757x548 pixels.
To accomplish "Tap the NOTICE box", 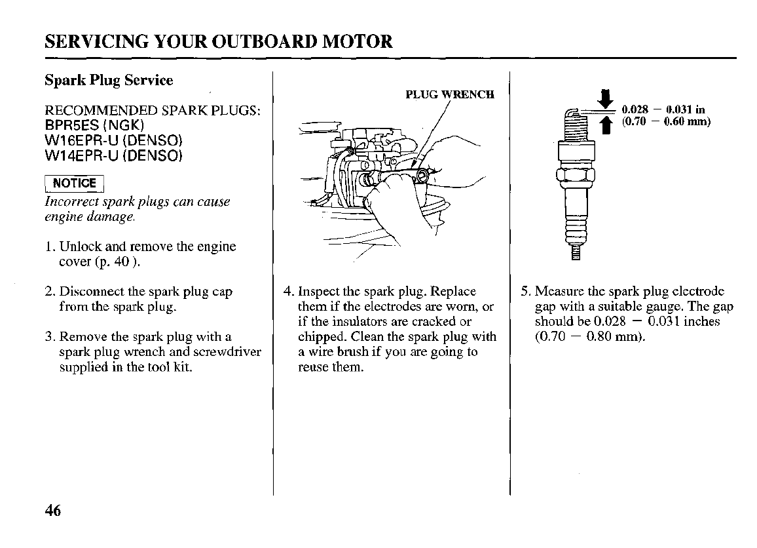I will (x=74, y=184).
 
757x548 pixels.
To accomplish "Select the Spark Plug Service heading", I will (x=109, y=81).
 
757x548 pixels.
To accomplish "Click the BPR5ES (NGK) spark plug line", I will (x=94, y=125).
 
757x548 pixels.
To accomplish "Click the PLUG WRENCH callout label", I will (x=449, y=94).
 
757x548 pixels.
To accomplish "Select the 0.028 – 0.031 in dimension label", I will (x=663, y=110).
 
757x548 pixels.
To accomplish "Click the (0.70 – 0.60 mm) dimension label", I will (x=666, y=122).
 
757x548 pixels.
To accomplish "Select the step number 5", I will (x=525, y=292).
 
